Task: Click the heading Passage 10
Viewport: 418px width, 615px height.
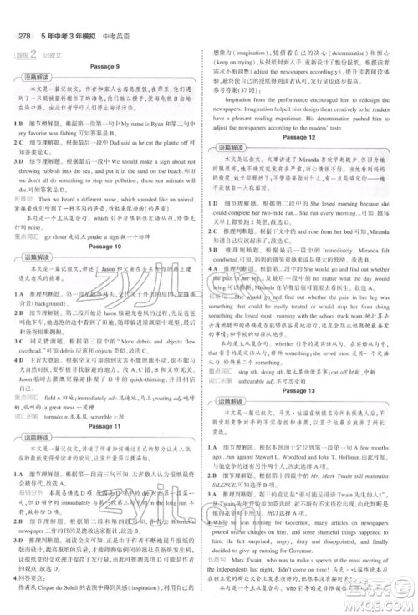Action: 105,247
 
